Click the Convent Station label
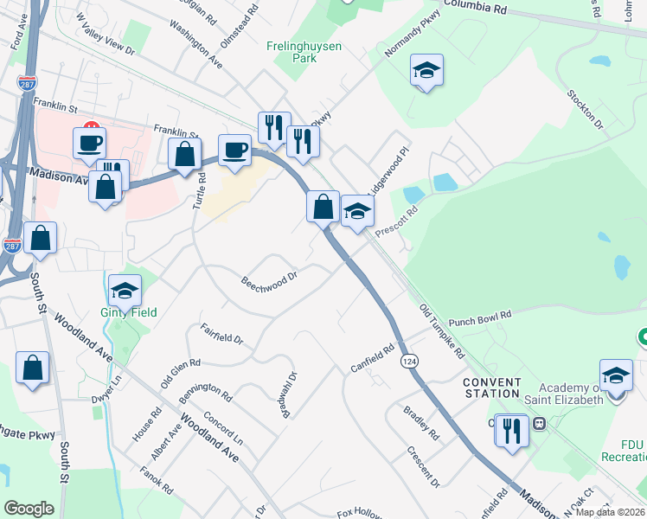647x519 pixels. click(x=492, y=388)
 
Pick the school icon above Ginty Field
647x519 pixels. click(x=125, y=290)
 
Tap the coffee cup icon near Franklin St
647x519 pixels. click(x=89, y=143)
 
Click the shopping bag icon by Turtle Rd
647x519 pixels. click(x=184, y=156)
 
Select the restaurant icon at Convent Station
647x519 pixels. click(x=512, y=430)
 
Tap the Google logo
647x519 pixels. click(x=29, y=509)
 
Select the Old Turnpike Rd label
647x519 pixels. click(x=442, y=331)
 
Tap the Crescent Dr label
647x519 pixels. click(x=424, y=466)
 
